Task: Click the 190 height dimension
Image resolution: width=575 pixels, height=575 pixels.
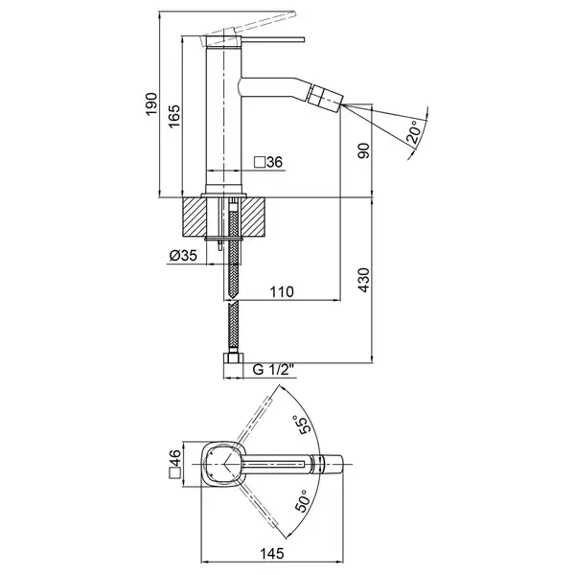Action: tap(151, 104)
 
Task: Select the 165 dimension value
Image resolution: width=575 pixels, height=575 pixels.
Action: tap(174, 116)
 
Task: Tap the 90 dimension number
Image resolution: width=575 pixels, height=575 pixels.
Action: tap(364, 150)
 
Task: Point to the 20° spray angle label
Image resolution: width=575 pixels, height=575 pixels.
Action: tap(414, 131)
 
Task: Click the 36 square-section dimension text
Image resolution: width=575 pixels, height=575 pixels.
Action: tap(275, 162)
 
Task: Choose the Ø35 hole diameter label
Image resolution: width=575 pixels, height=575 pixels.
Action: tap(183, 255)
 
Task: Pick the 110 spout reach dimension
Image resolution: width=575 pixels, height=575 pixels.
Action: tap(282, 292)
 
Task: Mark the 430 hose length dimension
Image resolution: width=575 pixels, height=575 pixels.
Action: tap(364, 280)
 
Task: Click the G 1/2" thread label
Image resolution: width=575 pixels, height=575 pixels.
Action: tap(274, 369)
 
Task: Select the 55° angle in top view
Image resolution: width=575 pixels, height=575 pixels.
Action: tap(302, 425)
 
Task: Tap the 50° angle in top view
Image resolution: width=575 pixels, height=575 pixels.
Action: tap(303, 500)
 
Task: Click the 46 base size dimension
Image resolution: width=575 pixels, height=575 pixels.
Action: tap(175, 458)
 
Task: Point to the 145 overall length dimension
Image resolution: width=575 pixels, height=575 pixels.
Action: tap(272, 553)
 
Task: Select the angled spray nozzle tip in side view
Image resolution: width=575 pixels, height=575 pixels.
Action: tap(326, 96)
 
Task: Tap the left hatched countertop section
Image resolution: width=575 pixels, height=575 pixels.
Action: tap(194, 217)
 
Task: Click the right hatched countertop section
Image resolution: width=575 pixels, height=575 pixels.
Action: tap(252, 217)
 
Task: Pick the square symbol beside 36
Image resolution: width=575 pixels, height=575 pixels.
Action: tap(260, 162)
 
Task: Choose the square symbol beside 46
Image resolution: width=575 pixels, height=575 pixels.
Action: tap(175, 473)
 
